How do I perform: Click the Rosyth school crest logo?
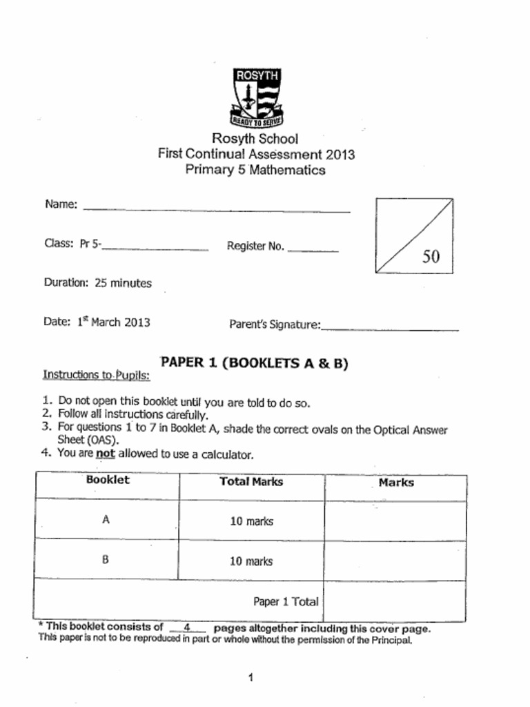(x=257, y=97)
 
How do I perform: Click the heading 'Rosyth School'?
(x=255, y=139)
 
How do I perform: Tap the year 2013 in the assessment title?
(x=340, y=154)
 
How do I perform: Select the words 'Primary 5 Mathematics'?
(x=255, y=170)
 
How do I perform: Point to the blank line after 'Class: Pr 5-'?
(x=155, y=248)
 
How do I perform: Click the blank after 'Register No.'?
(x=313, y=249)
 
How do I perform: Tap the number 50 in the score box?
(x=431, y=257)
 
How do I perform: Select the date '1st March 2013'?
(x=113, y=322)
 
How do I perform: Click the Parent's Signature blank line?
(x=390, y=329)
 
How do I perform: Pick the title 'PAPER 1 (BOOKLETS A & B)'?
(x=254, y=363)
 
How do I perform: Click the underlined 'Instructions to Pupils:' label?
(x=96, y=375)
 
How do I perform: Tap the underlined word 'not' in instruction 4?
(x=105, y=454)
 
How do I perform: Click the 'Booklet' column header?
(x=108, y=480)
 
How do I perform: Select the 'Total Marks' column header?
(x=251, y=482)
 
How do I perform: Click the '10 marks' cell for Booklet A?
(x=251, y=521)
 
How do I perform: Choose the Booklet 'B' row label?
(x=106, y=560)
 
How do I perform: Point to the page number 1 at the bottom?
(x=251, y=678)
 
